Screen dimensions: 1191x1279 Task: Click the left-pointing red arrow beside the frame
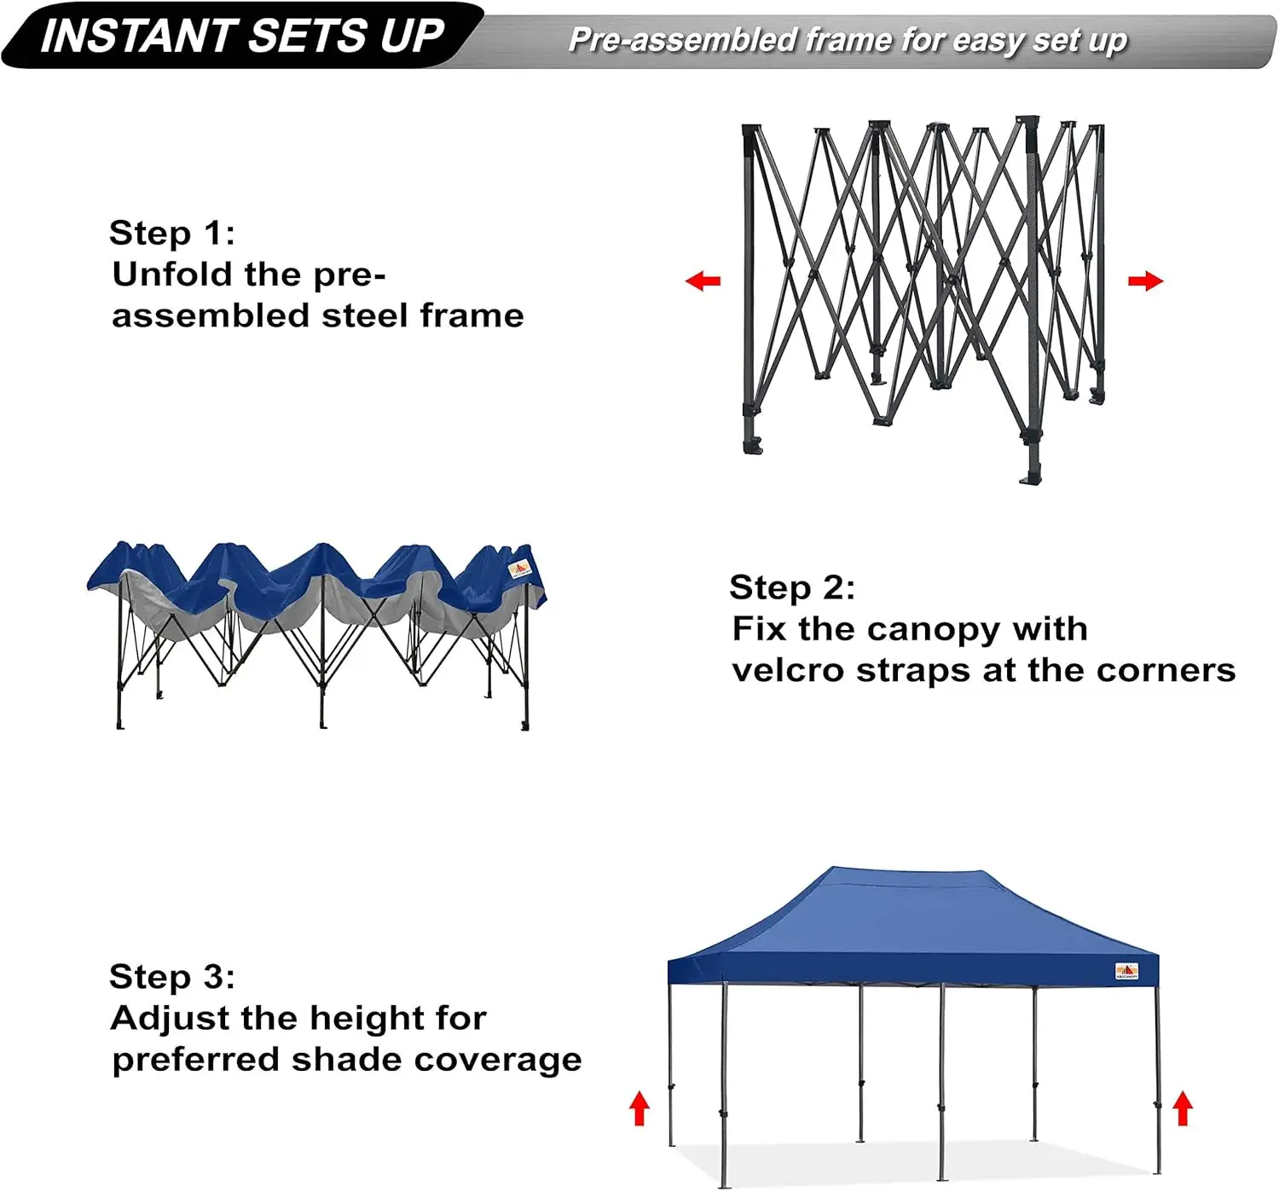[x=703, y=280]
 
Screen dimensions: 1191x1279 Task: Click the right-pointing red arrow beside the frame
[x=1145, y=280]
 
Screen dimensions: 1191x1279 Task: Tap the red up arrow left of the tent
[x=639, y=1109]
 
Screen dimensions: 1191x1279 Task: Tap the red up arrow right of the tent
[x=1182, y=1109]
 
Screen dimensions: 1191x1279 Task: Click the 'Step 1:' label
[x=171, y=233]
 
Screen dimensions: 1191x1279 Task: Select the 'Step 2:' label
[x=791, y=587]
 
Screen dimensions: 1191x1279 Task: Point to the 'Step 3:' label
[x=171, y=976]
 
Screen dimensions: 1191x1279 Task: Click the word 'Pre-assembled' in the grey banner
[x=682, y=40]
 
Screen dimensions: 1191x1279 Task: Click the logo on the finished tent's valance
[x=1126, y=971]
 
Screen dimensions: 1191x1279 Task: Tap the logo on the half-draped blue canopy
[x=519, y=569]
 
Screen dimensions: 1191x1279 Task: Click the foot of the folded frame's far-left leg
[x=752, y=446]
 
